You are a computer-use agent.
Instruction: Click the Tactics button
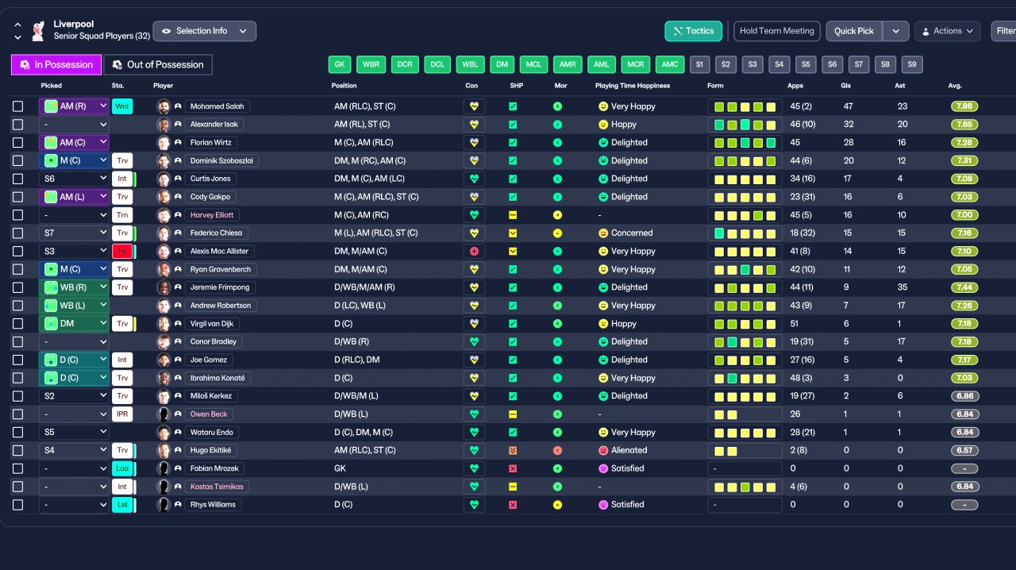pos(693,31)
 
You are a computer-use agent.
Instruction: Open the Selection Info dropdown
pos(204,31)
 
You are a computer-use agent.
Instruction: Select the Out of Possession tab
pos(158,64)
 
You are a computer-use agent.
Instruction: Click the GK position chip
pos(340,64)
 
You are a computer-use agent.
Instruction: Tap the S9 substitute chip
pos(912,64)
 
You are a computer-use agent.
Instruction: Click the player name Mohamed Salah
pos(218,106)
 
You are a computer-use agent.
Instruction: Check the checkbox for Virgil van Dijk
pos(17,324)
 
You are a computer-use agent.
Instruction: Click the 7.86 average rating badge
pos(964,106)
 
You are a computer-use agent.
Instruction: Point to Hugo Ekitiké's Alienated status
pos(629,450)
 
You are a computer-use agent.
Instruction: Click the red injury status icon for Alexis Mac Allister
pos(122,252)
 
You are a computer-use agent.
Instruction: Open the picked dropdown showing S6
pos(74,179)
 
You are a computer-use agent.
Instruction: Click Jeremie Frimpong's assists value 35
pos(902,287)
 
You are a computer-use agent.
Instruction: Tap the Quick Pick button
pos(854,31)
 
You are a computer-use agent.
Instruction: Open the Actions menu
pos(948,31)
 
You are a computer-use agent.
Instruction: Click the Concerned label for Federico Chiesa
pos(631,233)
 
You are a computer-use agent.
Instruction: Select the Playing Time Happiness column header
pos(632,86)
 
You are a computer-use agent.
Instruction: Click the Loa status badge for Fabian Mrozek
pos(122,468)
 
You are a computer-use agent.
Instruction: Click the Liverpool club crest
pos(37,31)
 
